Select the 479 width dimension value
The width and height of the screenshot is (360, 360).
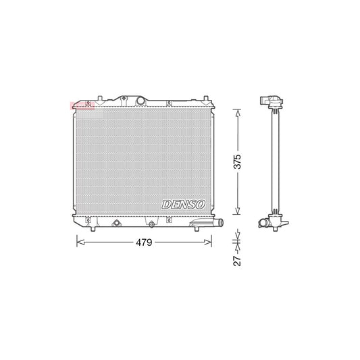tap(143, 241)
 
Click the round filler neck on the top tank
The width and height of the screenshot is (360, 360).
tap(140, 101)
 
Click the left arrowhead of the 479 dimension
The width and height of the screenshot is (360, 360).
tap(78, 240)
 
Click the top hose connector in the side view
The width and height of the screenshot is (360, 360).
tap(272, 103)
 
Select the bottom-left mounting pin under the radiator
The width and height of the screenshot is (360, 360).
tap(87, 220)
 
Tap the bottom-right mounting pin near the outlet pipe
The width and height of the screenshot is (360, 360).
tap(196, 228)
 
